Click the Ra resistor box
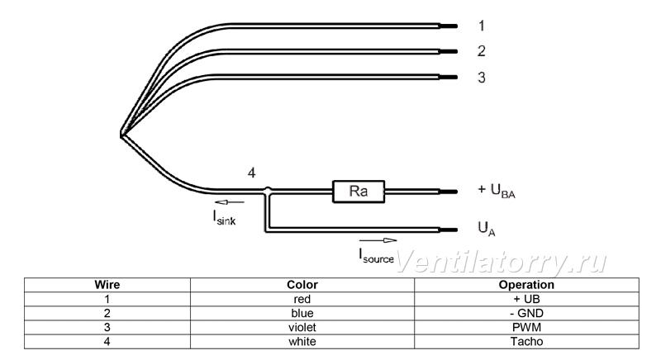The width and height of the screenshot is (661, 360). click(359, 192)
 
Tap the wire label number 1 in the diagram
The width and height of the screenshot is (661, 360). click(482, 26)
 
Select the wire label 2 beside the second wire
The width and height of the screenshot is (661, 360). click(482, 51)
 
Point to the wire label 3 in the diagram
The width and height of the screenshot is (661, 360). click(482, 78)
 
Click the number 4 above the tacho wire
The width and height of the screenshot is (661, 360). click(251, 173)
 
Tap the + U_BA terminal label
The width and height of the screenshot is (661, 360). click(497, 191)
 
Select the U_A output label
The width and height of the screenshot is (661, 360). click(487, 229)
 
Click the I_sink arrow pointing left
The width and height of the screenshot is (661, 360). click(230, 202)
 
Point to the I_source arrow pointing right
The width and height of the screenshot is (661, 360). click(378, 240)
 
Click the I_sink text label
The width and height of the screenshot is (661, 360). click(224, 217)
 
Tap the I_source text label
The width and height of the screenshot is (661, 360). click(377, 256)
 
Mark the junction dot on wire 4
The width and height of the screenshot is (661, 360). click(267, 191)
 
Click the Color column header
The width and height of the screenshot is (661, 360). click(302, 285)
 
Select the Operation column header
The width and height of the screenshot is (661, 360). click(526, 285)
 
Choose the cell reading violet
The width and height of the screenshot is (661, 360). click(302, 327)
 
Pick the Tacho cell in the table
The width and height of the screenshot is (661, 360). click(526, 342)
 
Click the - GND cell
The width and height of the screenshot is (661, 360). click(526, 313)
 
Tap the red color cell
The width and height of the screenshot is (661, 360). click(302, 299)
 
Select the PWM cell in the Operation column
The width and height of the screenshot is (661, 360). click(526, 327)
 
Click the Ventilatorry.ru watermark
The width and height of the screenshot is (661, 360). click(502, 262)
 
